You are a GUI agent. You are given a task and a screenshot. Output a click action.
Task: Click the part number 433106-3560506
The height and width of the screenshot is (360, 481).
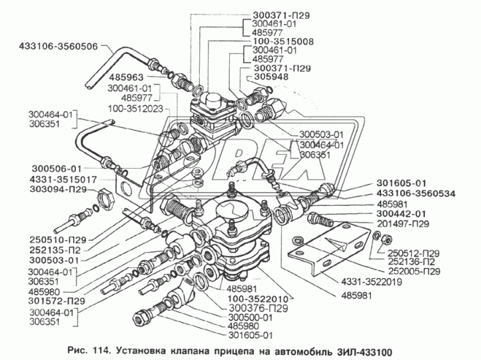pyautogui.click(x=58, y=47)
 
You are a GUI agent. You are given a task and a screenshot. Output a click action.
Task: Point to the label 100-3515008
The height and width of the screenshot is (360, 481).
pyautogui.click(x=283, y=41)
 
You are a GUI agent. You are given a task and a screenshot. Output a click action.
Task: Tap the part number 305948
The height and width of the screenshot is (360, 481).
pyautogui.click(x=271, y=77)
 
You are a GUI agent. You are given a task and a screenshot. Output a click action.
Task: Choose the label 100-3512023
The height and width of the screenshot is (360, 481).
pyautogui.click(x=135, y=109)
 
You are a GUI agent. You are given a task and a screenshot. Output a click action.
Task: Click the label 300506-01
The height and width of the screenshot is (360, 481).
pyautogui.click(x=57, y=169)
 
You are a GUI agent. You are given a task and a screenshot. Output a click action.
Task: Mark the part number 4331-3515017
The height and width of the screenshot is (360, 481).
pyautogui.click(x=63, y=179)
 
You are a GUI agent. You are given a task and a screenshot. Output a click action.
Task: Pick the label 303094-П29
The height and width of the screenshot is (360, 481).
pyautogui.click(x=58, y=189)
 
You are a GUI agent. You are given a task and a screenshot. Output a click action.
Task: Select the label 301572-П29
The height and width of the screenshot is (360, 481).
pyautogui.click(x=56, y=301)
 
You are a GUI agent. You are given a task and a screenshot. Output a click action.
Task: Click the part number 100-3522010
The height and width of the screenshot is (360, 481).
pyautogui.click(x=258, y=299)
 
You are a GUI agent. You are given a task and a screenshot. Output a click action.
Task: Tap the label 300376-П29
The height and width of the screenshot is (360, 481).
pyautogui.click(x=258, y=308)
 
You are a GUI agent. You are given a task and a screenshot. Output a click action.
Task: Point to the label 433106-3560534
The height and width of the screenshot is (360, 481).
pyautogui.click(x=416, y=193)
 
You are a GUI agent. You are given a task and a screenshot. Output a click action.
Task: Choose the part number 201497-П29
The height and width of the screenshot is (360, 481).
pyautogui.click(x=402, y=224)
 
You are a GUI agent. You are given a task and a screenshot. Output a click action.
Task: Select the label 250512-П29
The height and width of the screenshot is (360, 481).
pyautogui.click(x=413, y=253)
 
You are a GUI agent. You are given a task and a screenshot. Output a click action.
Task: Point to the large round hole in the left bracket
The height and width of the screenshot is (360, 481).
pyautogui.click(x=127, y=188)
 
